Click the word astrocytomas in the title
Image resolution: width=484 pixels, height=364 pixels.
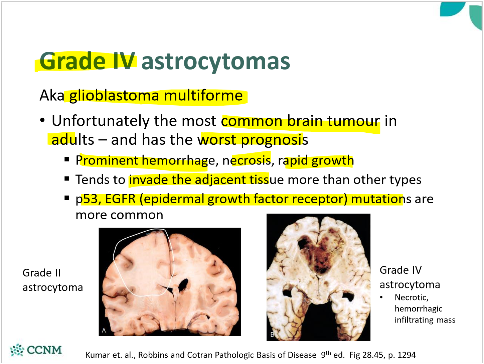[215, 61]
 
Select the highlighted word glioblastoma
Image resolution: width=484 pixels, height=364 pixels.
[114, 96]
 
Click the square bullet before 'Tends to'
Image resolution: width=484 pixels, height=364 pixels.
[67, 179]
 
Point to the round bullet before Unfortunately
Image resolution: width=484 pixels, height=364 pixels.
[42, 120]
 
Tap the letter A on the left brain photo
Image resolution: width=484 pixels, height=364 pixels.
[104, 331]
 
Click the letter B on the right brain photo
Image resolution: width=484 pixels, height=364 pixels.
[272, 335]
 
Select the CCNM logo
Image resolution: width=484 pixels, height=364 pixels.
[36, 350]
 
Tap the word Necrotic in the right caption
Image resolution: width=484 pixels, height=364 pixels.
[411, 297]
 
